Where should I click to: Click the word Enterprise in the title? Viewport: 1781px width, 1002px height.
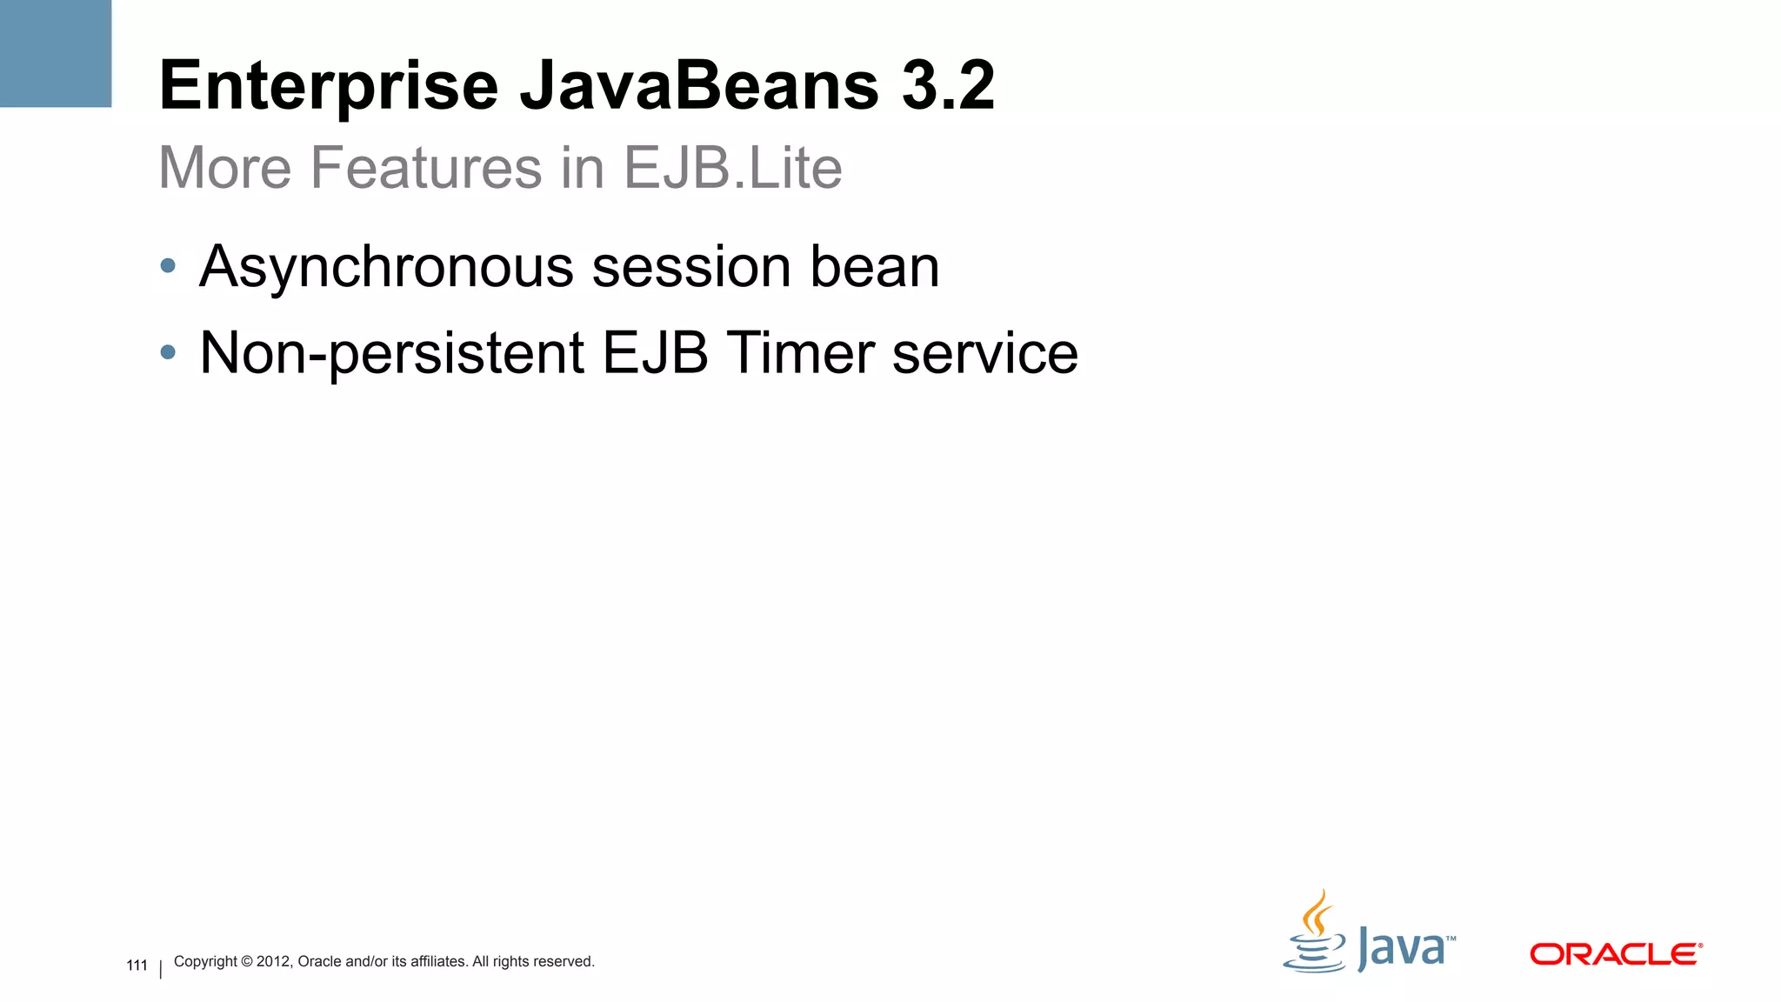point(329,86)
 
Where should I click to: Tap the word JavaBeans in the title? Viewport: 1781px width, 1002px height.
point(699,86)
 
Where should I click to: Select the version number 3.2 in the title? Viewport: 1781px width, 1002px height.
point(948,86)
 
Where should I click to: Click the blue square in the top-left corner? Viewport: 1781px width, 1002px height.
point(56,53)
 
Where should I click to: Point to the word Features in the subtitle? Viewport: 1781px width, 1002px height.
point(426,167)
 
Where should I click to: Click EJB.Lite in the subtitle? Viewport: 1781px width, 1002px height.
point(733,167)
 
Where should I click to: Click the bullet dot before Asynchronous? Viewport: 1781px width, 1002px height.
point(168,265)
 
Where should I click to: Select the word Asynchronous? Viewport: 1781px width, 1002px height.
point(386,267)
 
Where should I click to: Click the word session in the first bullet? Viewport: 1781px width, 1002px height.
point(691,266)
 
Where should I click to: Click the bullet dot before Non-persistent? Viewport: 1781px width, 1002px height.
point(168,352)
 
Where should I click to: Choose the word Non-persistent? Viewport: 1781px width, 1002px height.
point(391,353)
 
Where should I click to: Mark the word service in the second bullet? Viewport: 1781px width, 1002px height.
point(984,353)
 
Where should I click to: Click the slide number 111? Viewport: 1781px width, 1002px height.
point(137,965)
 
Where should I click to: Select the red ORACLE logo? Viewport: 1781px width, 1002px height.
point(1615,954)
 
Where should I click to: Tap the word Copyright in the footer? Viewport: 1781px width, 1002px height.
point(205,961)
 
